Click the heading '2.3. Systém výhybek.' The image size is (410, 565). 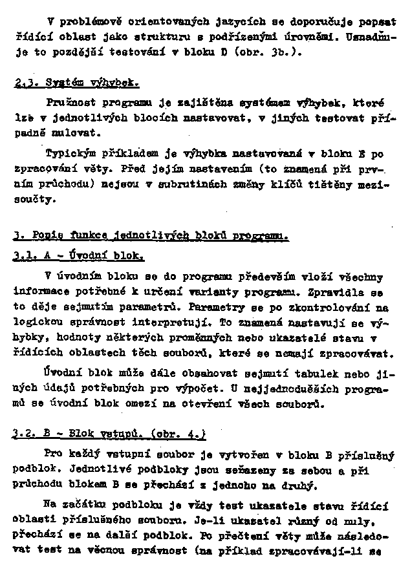click(x=76, y=84)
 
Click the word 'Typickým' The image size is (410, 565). click(x=69, y=154)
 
